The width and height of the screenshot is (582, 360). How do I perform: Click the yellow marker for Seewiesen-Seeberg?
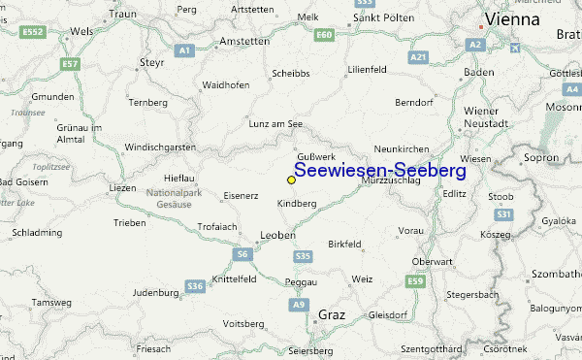(291, 180)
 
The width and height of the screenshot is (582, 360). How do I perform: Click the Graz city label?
(332, 313)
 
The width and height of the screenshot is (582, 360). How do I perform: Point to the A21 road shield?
(418, 58)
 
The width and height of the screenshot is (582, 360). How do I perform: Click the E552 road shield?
(34, 32)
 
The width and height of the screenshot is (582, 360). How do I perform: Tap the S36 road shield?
(194, 286)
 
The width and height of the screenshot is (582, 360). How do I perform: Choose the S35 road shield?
(303, 256)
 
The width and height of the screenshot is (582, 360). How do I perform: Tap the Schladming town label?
(37, 233)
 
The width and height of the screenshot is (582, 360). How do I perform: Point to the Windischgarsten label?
(161, 147)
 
